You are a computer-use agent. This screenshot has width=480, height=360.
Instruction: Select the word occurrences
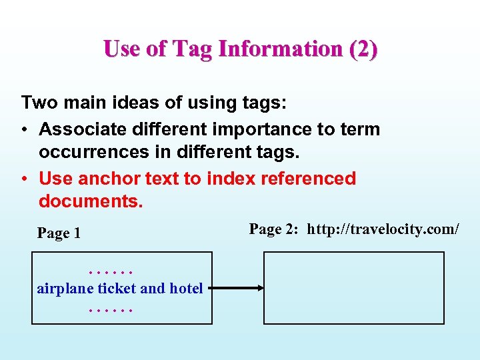[93, 151]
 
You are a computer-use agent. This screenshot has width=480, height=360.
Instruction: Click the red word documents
[91, 201]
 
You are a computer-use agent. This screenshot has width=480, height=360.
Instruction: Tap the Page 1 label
[59, 233]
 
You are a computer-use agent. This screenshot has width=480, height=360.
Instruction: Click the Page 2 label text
[275, 229]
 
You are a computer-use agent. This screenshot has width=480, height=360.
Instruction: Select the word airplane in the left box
[65, 289]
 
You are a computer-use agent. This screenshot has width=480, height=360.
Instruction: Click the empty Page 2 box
[353, 288]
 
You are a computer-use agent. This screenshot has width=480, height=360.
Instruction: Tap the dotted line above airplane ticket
[111, 271]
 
